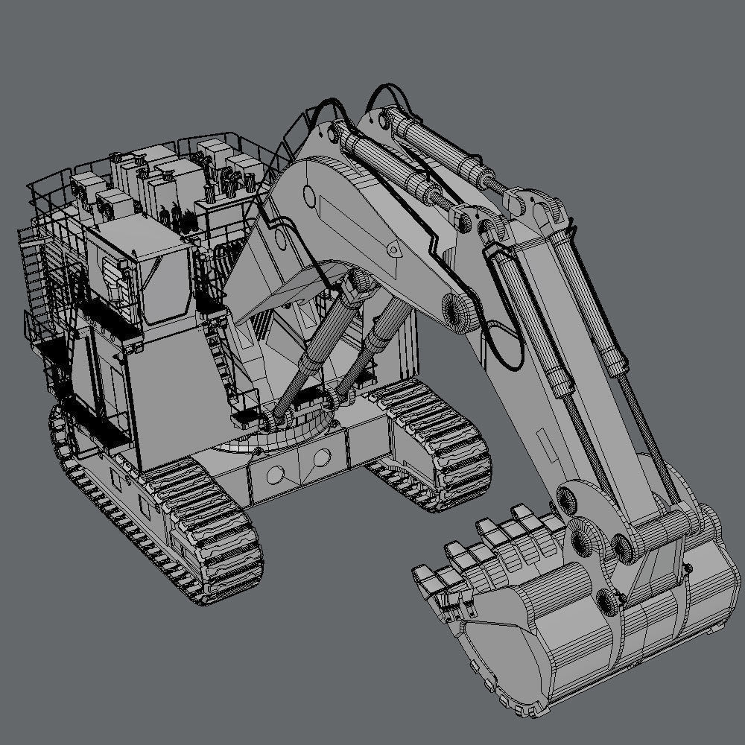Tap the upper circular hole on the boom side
(x=309, y=197)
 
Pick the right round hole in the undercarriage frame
(x=322, y=457)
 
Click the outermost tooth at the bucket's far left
(x=425, y=577)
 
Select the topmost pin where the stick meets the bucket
(x=569, y=497)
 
